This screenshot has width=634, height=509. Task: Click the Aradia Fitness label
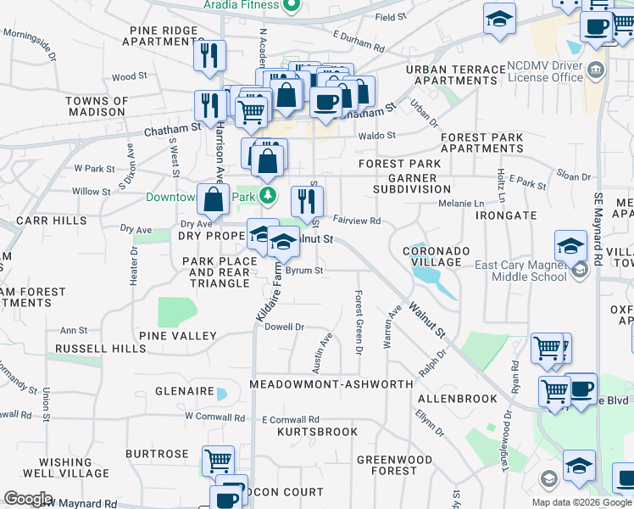tap(241, 5)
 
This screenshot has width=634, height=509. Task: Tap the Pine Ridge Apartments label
tap(164, 35)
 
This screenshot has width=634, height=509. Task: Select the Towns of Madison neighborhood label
tap(97, 107)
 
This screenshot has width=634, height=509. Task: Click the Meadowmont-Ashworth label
tap(331, 384)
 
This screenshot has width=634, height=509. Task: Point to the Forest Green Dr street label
tap(359, 322)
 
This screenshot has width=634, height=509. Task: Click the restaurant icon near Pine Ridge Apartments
tap(208, 56)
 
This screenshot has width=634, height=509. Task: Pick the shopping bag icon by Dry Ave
tap(214, 200)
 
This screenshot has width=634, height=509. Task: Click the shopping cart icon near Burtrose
tap(219, 461)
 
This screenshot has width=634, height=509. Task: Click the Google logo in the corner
tap(28, 499)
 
